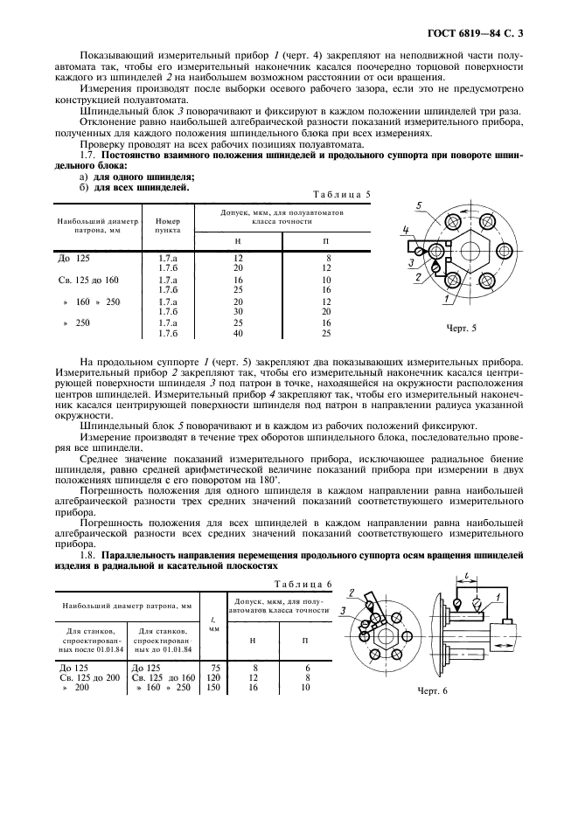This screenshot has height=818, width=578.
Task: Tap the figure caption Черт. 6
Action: coord(431,690)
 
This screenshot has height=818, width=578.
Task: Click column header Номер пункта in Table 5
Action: coord(168,226)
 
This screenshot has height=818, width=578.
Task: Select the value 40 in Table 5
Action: coord(238,333)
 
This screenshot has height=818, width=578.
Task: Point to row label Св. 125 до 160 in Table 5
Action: coord(87,280)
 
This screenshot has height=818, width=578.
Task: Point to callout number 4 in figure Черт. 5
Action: coord(405,232)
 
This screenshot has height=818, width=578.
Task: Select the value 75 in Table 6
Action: coord(213,666)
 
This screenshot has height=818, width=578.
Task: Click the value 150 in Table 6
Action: coord(213,687)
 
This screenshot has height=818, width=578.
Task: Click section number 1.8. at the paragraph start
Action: coord(91,555)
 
